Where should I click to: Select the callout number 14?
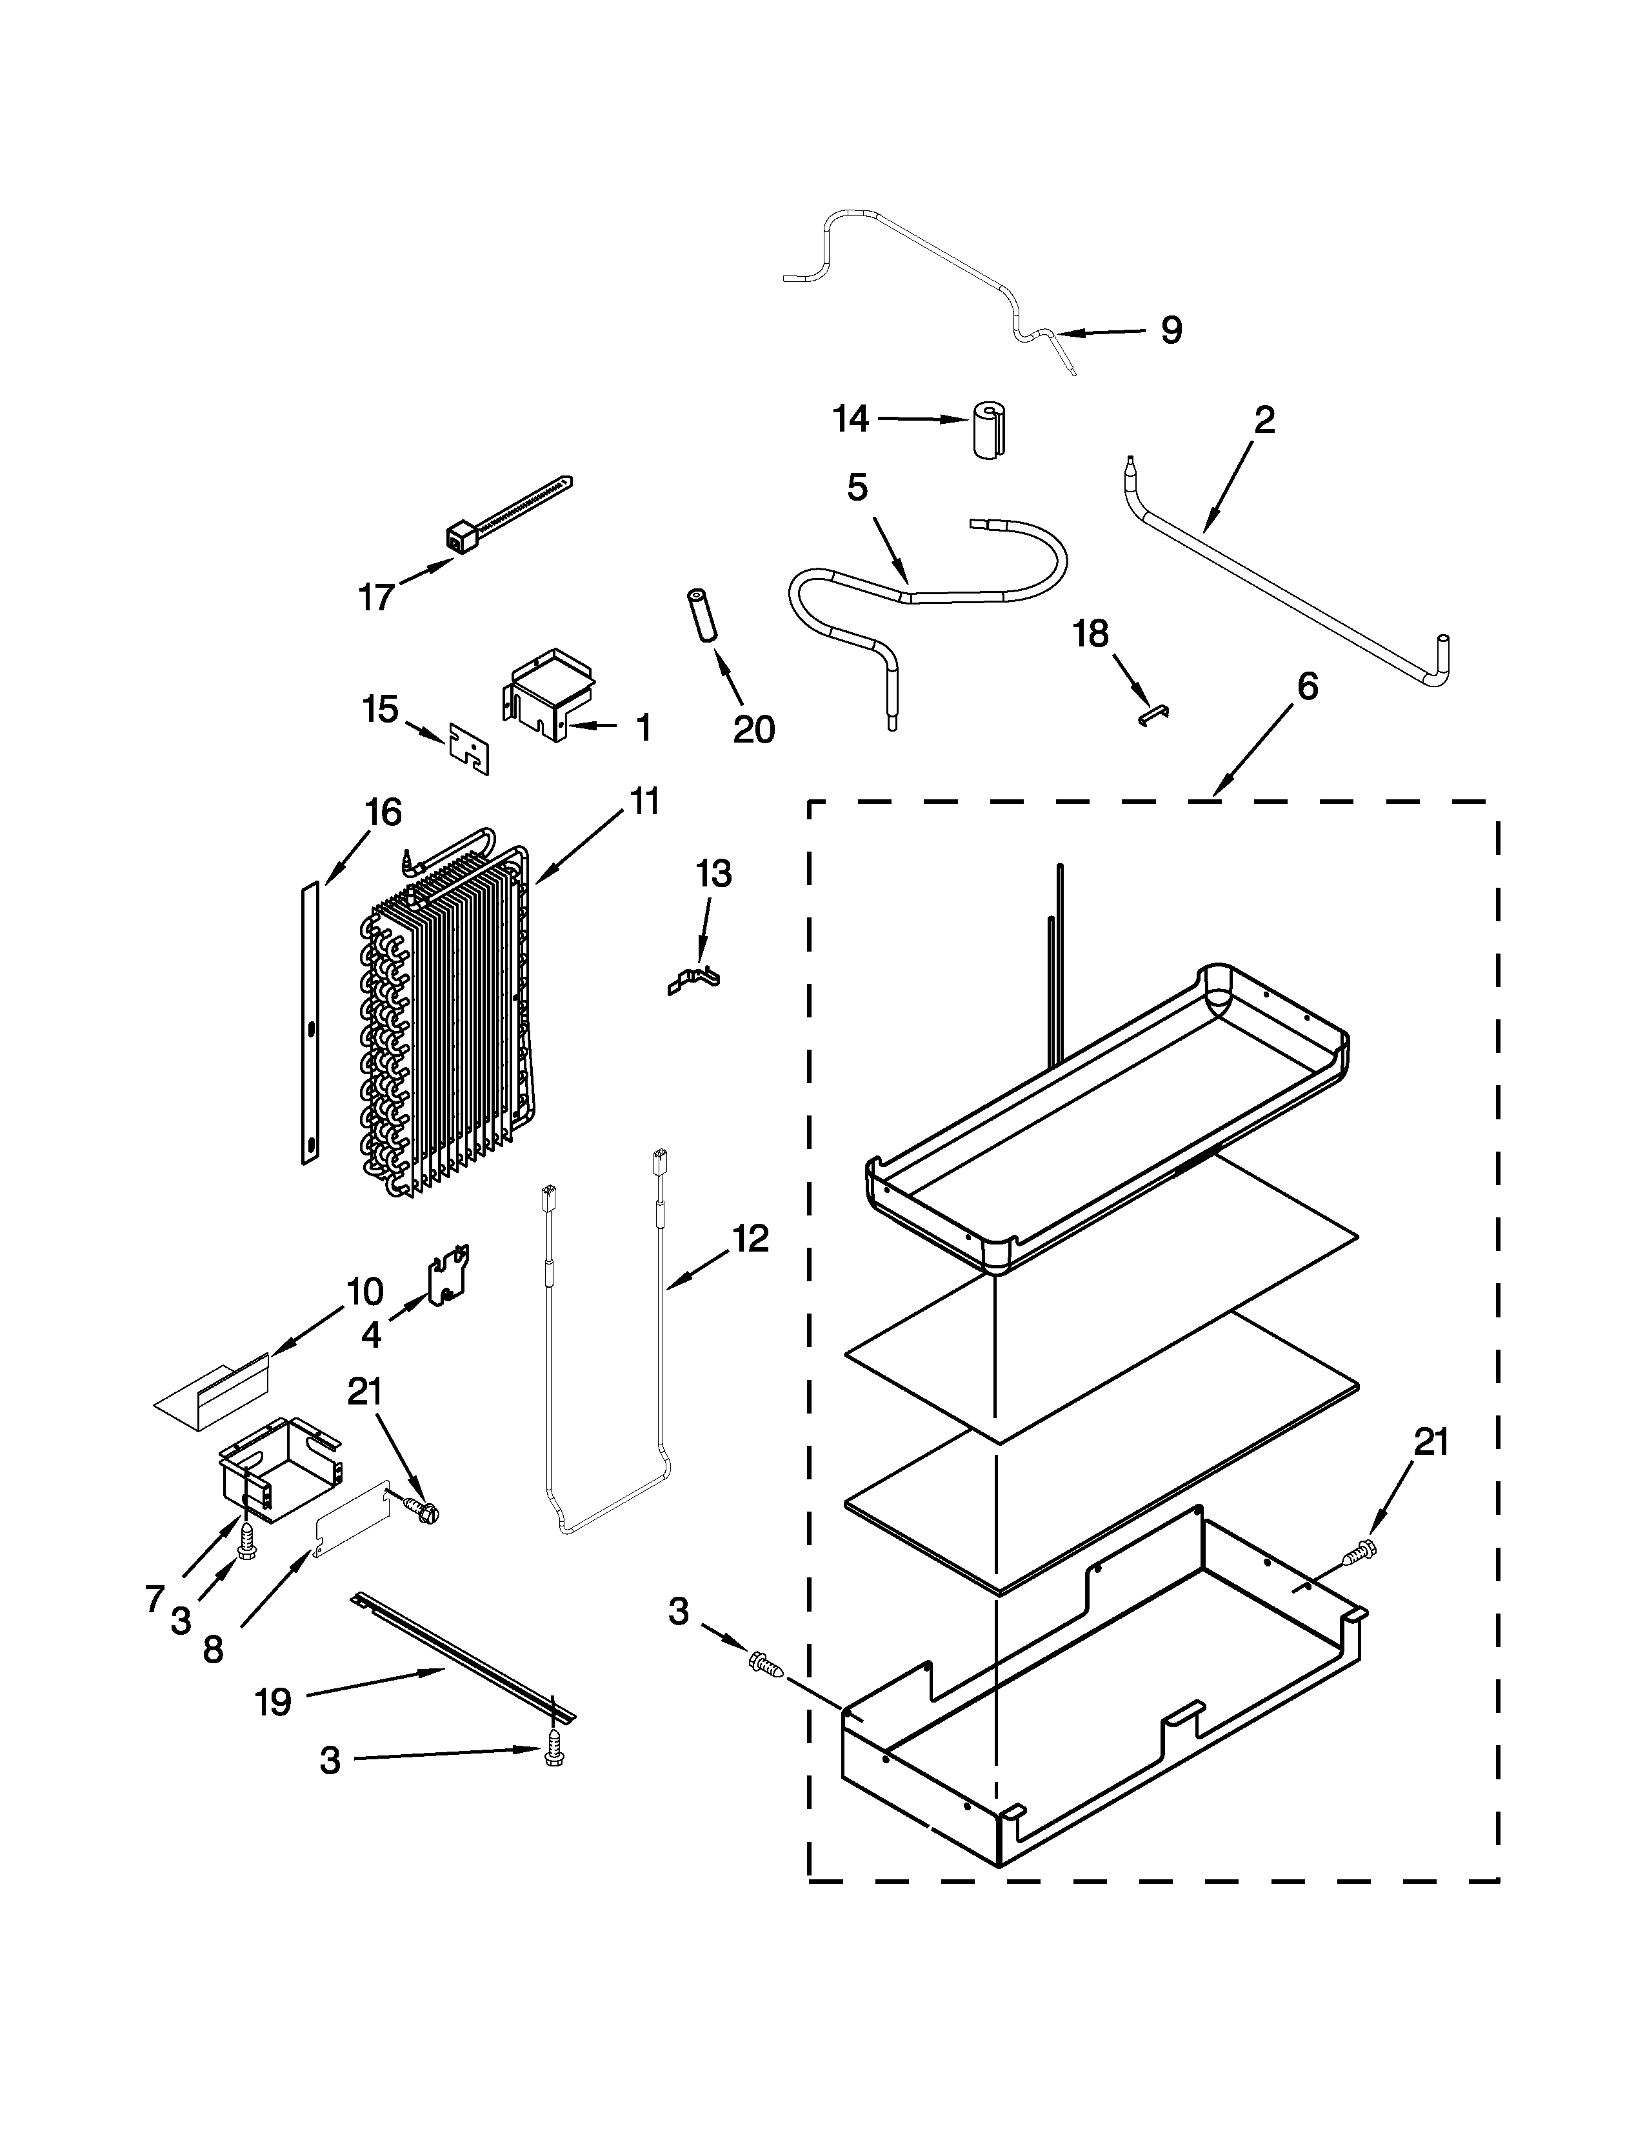click(x=851, y=419)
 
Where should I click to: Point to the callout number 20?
click(x=753, y=729)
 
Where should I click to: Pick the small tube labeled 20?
click(x=704, y=615)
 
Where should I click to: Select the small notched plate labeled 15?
click(x=469, y=748)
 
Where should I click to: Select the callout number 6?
click(x=1307, y=686)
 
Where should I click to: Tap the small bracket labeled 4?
click(x=448, y=1276)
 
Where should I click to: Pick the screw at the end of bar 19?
click(x=555, y=1754)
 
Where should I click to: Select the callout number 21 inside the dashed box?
click(x=1431, y=1442)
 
